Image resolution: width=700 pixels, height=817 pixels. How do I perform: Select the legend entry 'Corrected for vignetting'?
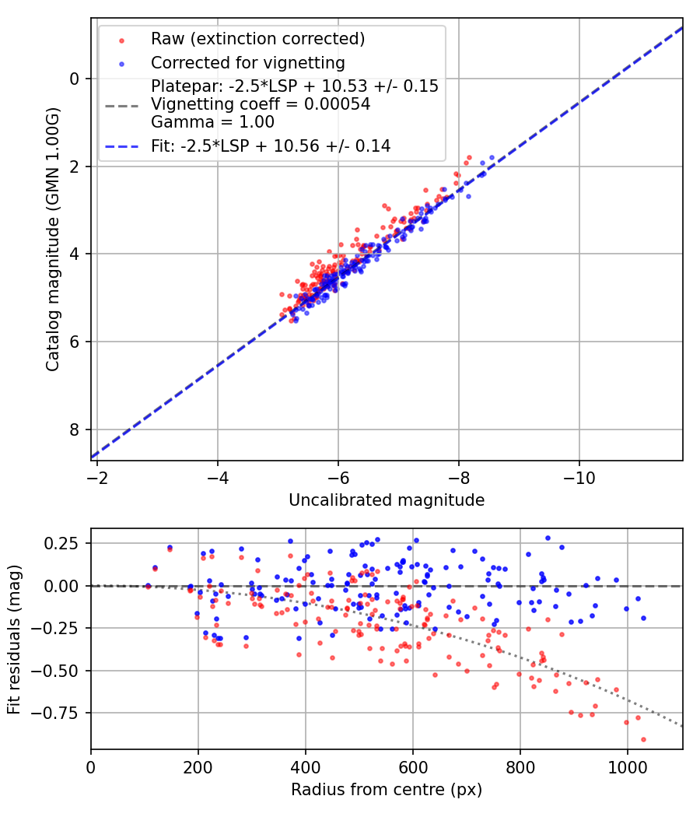pyautogui.click(x=247, y=62)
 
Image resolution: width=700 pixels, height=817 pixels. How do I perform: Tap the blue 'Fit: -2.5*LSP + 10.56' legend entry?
pyautogui.click(x=271, y=146)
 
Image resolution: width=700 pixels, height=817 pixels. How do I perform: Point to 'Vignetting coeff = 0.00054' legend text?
pyautogui.click(x=261, y=103)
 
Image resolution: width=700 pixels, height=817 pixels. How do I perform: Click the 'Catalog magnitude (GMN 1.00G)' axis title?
pyautogui.click(x=52, y=239)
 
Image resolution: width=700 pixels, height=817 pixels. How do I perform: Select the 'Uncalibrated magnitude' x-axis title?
pyautogui.click(x=387, y=500)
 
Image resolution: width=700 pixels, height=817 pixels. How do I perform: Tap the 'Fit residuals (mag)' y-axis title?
pyautogui.click(x=14, y=639)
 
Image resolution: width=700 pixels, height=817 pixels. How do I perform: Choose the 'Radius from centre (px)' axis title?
pyautogui.click(x=387, y=790)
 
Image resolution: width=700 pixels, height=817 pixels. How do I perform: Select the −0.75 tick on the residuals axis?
pyautogui.click(x=62, y=713)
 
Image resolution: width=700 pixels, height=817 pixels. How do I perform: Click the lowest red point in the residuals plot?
pyautogui.click(x=643, y=739)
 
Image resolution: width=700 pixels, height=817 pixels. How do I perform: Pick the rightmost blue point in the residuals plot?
pyautogui.click(x=643, y=618)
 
